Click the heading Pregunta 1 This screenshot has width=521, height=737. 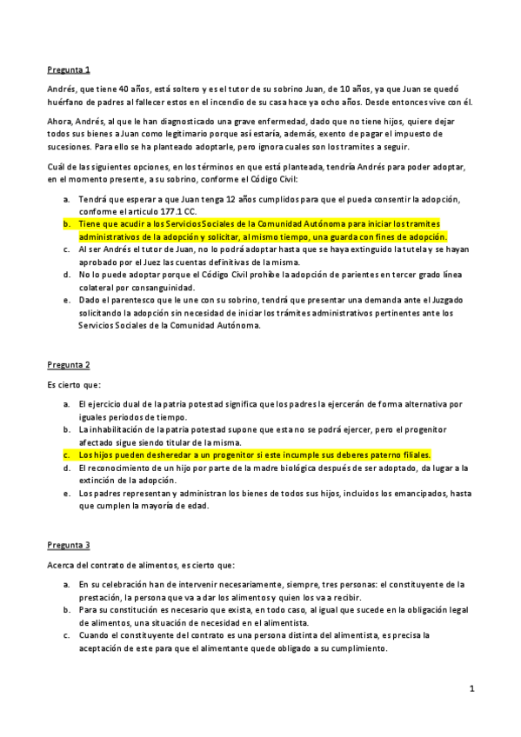click(69, 69)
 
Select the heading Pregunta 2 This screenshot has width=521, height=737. click(69, 364)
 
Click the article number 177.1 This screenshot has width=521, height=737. click(151, 211)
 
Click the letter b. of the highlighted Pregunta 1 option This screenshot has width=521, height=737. click(66, 223)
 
